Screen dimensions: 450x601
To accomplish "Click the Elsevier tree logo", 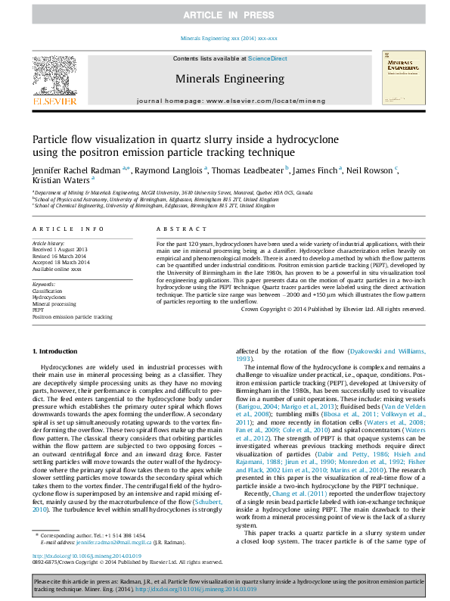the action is click(x=54, y=79).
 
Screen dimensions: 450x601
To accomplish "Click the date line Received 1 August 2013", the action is click(x=60, y=249).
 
